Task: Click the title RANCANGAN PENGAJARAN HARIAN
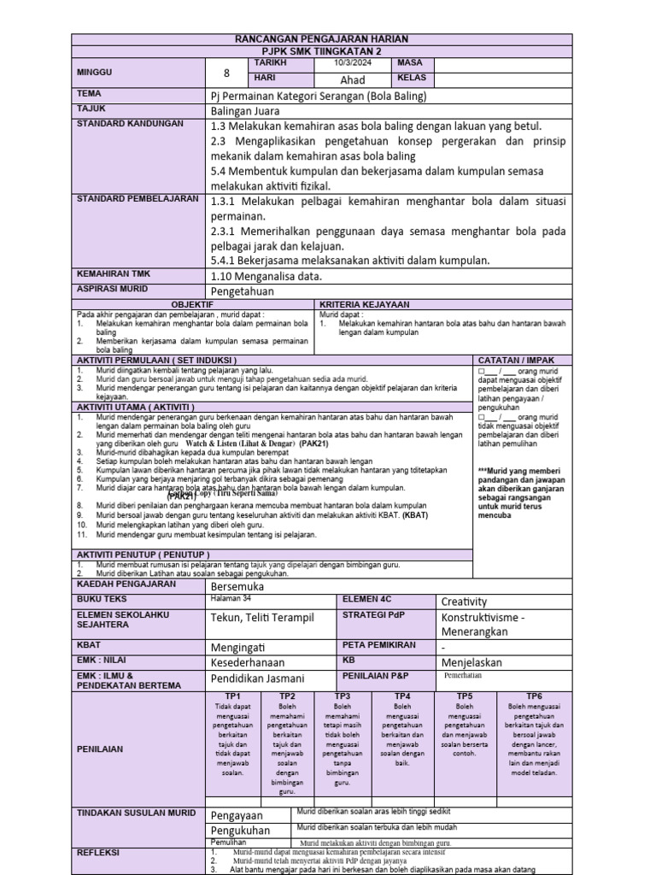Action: pos(322,39)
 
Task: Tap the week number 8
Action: pos(226,73)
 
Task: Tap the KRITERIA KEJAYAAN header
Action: pos(364,304)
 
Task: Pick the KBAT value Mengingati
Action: pos(241,646)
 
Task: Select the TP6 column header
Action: pos(534,696)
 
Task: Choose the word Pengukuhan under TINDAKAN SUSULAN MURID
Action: pos(240,830)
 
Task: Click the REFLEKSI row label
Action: pos(98,853)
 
